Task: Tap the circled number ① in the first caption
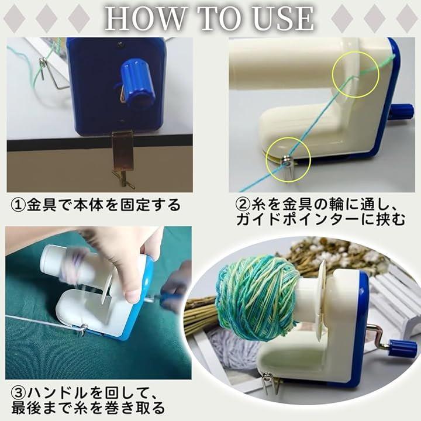coord(18,205)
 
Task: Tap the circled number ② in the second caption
coord(243,205)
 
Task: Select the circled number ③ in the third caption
coord(18,394)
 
